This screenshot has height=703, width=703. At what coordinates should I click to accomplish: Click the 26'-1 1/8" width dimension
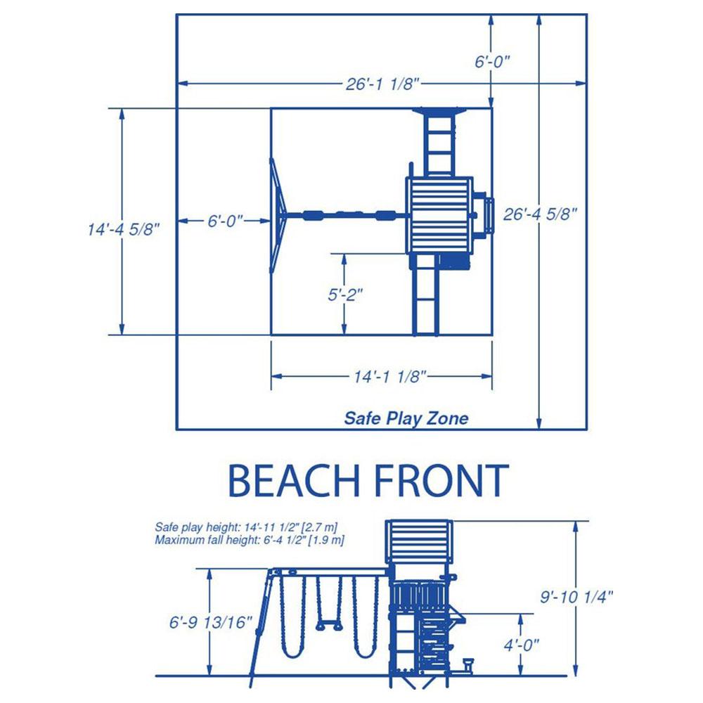[382, 84]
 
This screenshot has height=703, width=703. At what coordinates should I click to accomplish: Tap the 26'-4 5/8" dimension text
[540, 214]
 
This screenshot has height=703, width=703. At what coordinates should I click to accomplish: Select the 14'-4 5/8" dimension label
[124, 230]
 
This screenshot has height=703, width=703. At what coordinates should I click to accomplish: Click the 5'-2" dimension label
[345, 295]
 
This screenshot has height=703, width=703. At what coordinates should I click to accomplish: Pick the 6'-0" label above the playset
[492, 61]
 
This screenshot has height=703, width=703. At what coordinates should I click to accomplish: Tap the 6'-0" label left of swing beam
[225, 221]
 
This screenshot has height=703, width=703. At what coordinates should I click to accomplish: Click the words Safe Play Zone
[406, 418]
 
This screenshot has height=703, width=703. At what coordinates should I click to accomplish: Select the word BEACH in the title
[294, 481]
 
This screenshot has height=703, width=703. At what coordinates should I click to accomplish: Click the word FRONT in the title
[441, 481]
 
